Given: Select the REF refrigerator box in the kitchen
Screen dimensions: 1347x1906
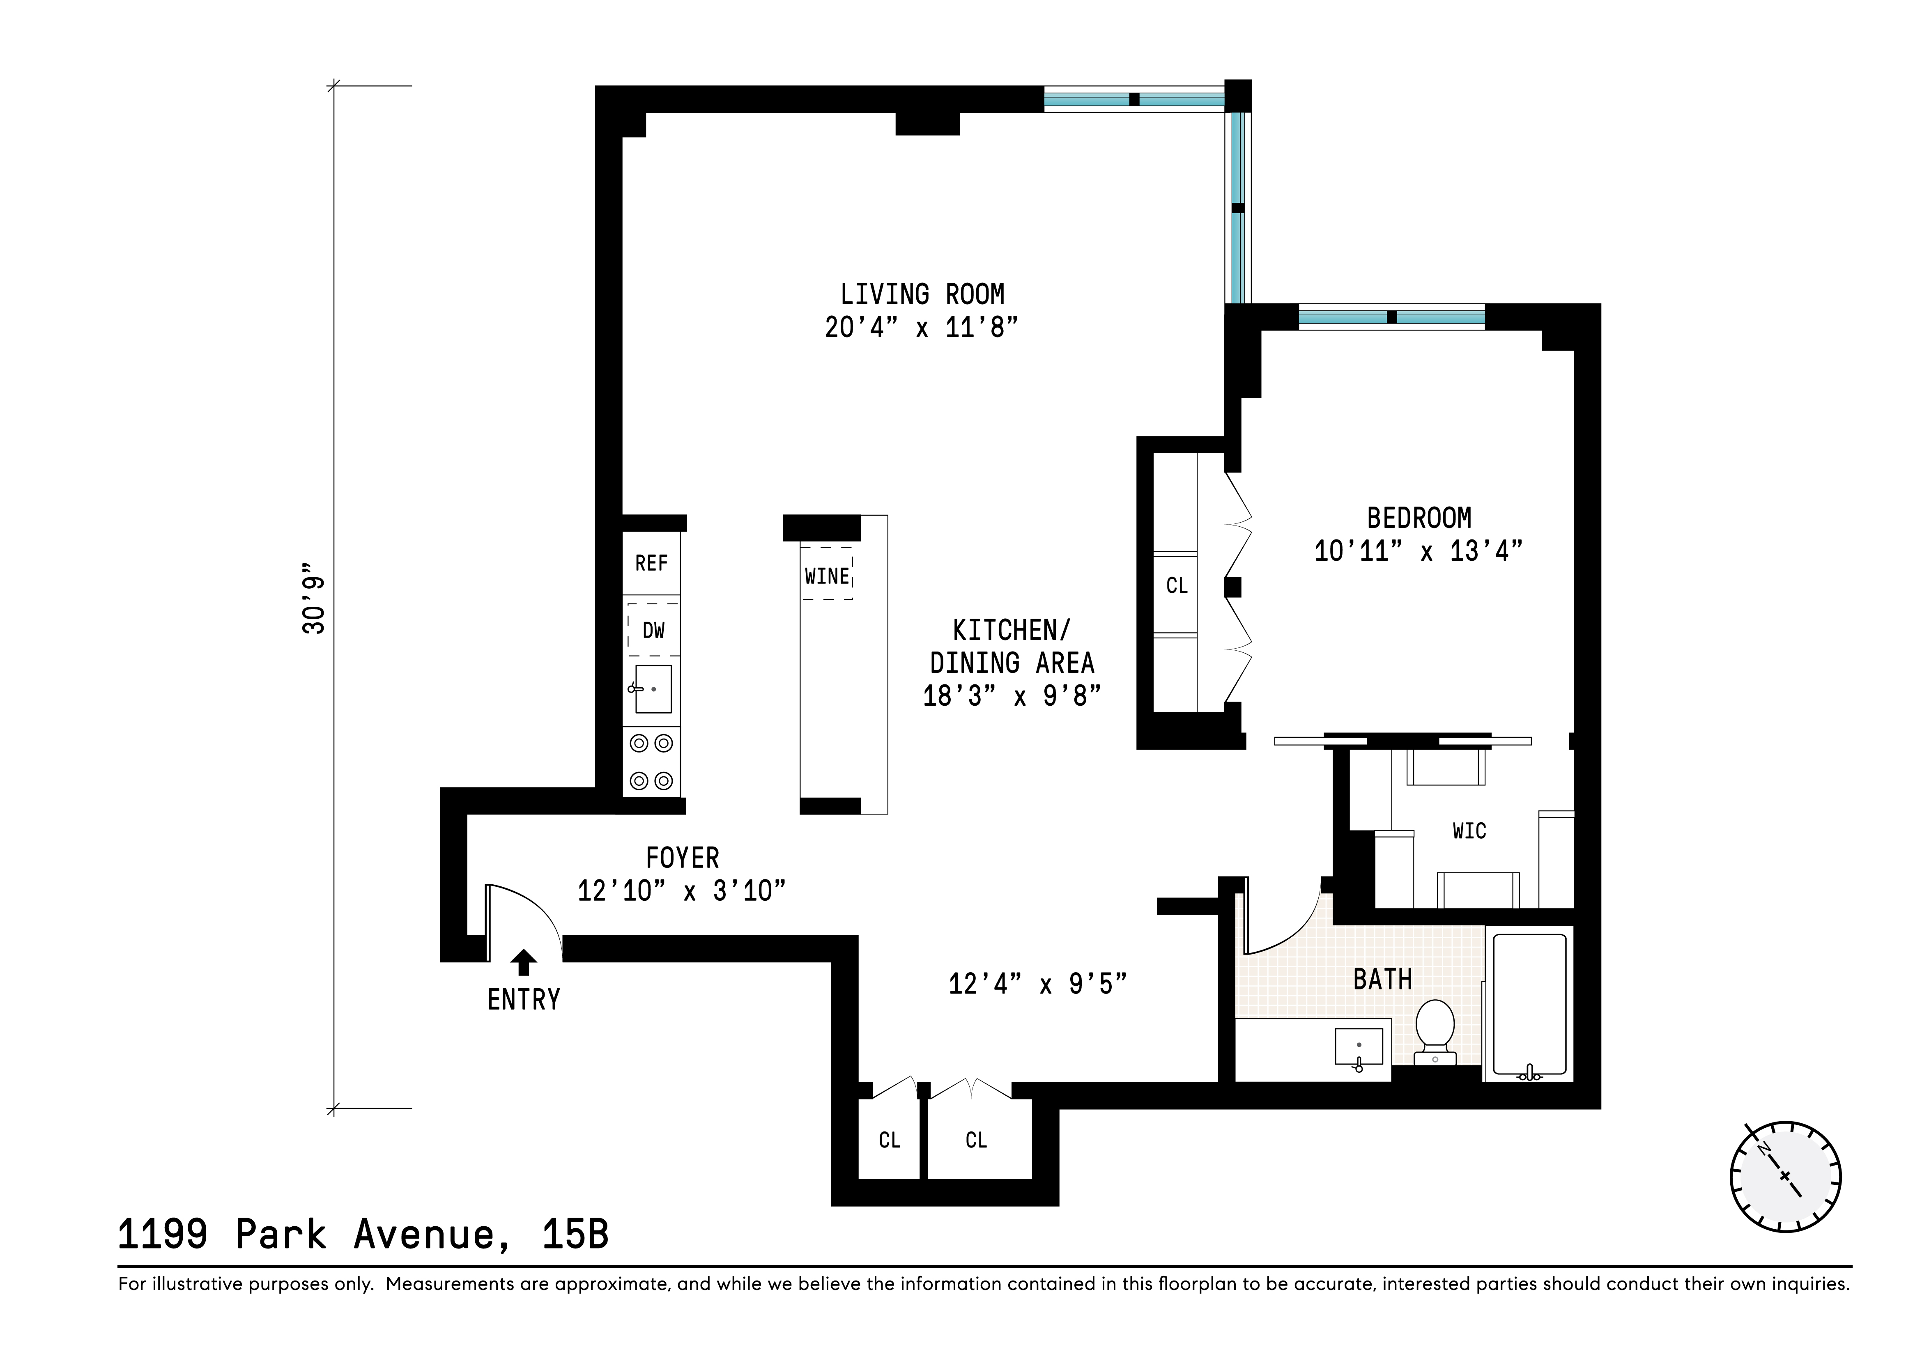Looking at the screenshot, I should pos(652,564).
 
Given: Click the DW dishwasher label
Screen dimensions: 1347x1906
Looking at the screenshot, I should pos(653,631).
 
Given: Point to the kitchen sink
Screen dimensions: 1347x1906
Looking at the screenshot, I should pos(653,689).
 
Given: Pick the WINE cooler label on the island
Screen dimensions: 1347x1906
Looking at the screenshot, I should pos(827,576).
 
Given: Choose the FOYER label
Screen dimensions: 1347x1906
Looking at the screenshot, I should pos(683,857).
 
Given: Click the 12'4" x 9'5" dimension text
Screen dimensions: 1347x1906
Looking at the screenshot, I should pos(1038,984).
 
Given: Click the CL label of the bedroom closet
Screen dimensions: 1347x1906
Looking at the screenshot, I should pos(1176,586).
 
